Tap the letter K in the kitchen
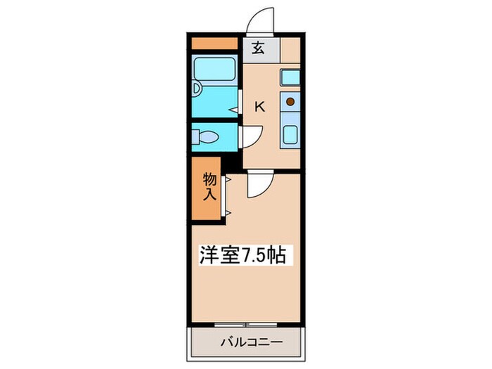pyautogui.click(x=259, y=107)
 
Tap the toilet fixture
pyautogui.click(x=205, y=137)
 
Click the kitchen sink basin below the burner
pyautogui.click(x=290, y=133)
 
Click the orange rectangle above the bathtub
pyautogui.click(x=214, y=43)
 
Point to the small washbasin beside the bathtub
pyautogui.click(x=196, y=91)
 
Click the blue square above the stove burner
pyautogui.click(x=290, y=77)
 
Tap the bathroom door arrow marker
pyautogui.click(x=233, y=110)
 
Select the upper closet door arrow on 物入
pyautogui.click(x=228, y=180)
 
